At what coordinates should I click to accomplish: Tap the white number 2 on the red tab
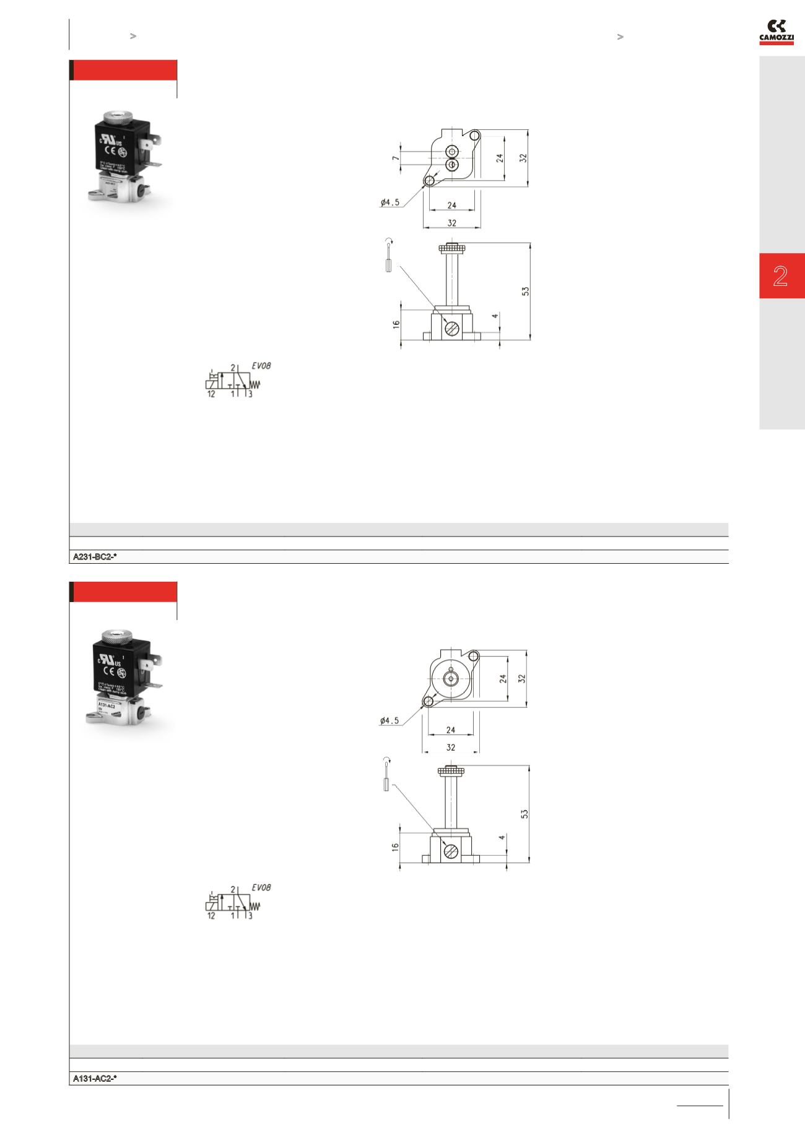coord(780,276)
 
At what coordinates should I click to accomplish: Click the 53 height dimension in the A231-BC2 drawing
coord(525,290)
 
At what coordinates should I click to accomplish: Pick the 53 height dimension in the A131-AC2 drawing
coord(525,813)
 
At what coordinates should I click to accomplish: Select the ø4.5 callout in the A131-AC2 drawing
coord(390,720)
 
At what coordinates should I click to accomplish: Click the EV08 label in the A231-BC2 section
coord(261,366)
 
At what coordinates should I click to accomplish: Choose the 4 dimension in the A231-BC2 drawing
coord(494,316)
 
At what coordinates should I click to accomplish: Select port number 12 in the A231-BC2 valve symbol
coord(211,394)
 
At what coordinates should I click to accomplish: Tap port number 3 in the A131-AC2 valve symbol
coord(250,916)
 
